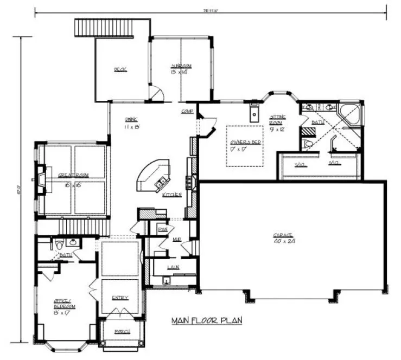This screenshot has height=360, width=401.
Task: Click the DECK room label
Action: coord(120,69)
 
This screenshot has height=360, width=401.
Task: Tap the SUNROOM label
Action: coord(181,66)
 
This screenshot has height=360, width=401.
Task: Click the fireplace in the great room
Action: coord(41,178)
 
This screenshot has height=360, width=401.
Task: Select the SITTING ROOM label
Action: coord(277,120)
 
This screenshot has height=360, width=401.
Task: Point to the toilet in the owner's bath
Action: coord(307,144)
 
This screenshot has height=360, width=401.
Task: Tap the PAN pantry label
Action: coord(162,229)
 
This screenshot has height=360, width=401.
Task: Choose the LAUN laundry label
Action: coord(174,267)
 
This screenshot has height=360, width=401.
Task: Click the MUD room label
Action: coord(177,239)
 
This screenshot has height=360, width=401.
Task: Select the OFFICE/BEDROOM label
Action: coord(65,304)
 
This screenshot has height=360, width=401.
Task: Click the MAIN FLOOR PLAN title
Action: coord(207,320)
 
